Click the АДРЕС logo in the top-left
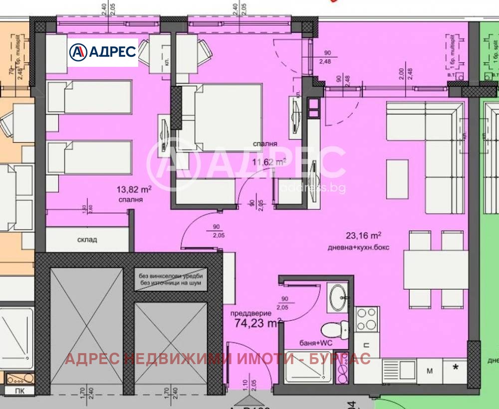102,52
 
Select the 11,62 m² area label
269,161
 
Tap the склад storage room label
87,239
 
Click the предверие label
251,314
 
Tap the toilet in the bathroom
332,330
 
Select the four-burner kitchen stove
367,319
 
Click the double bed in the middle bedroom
227,116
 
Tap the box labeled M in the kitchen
429,370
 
